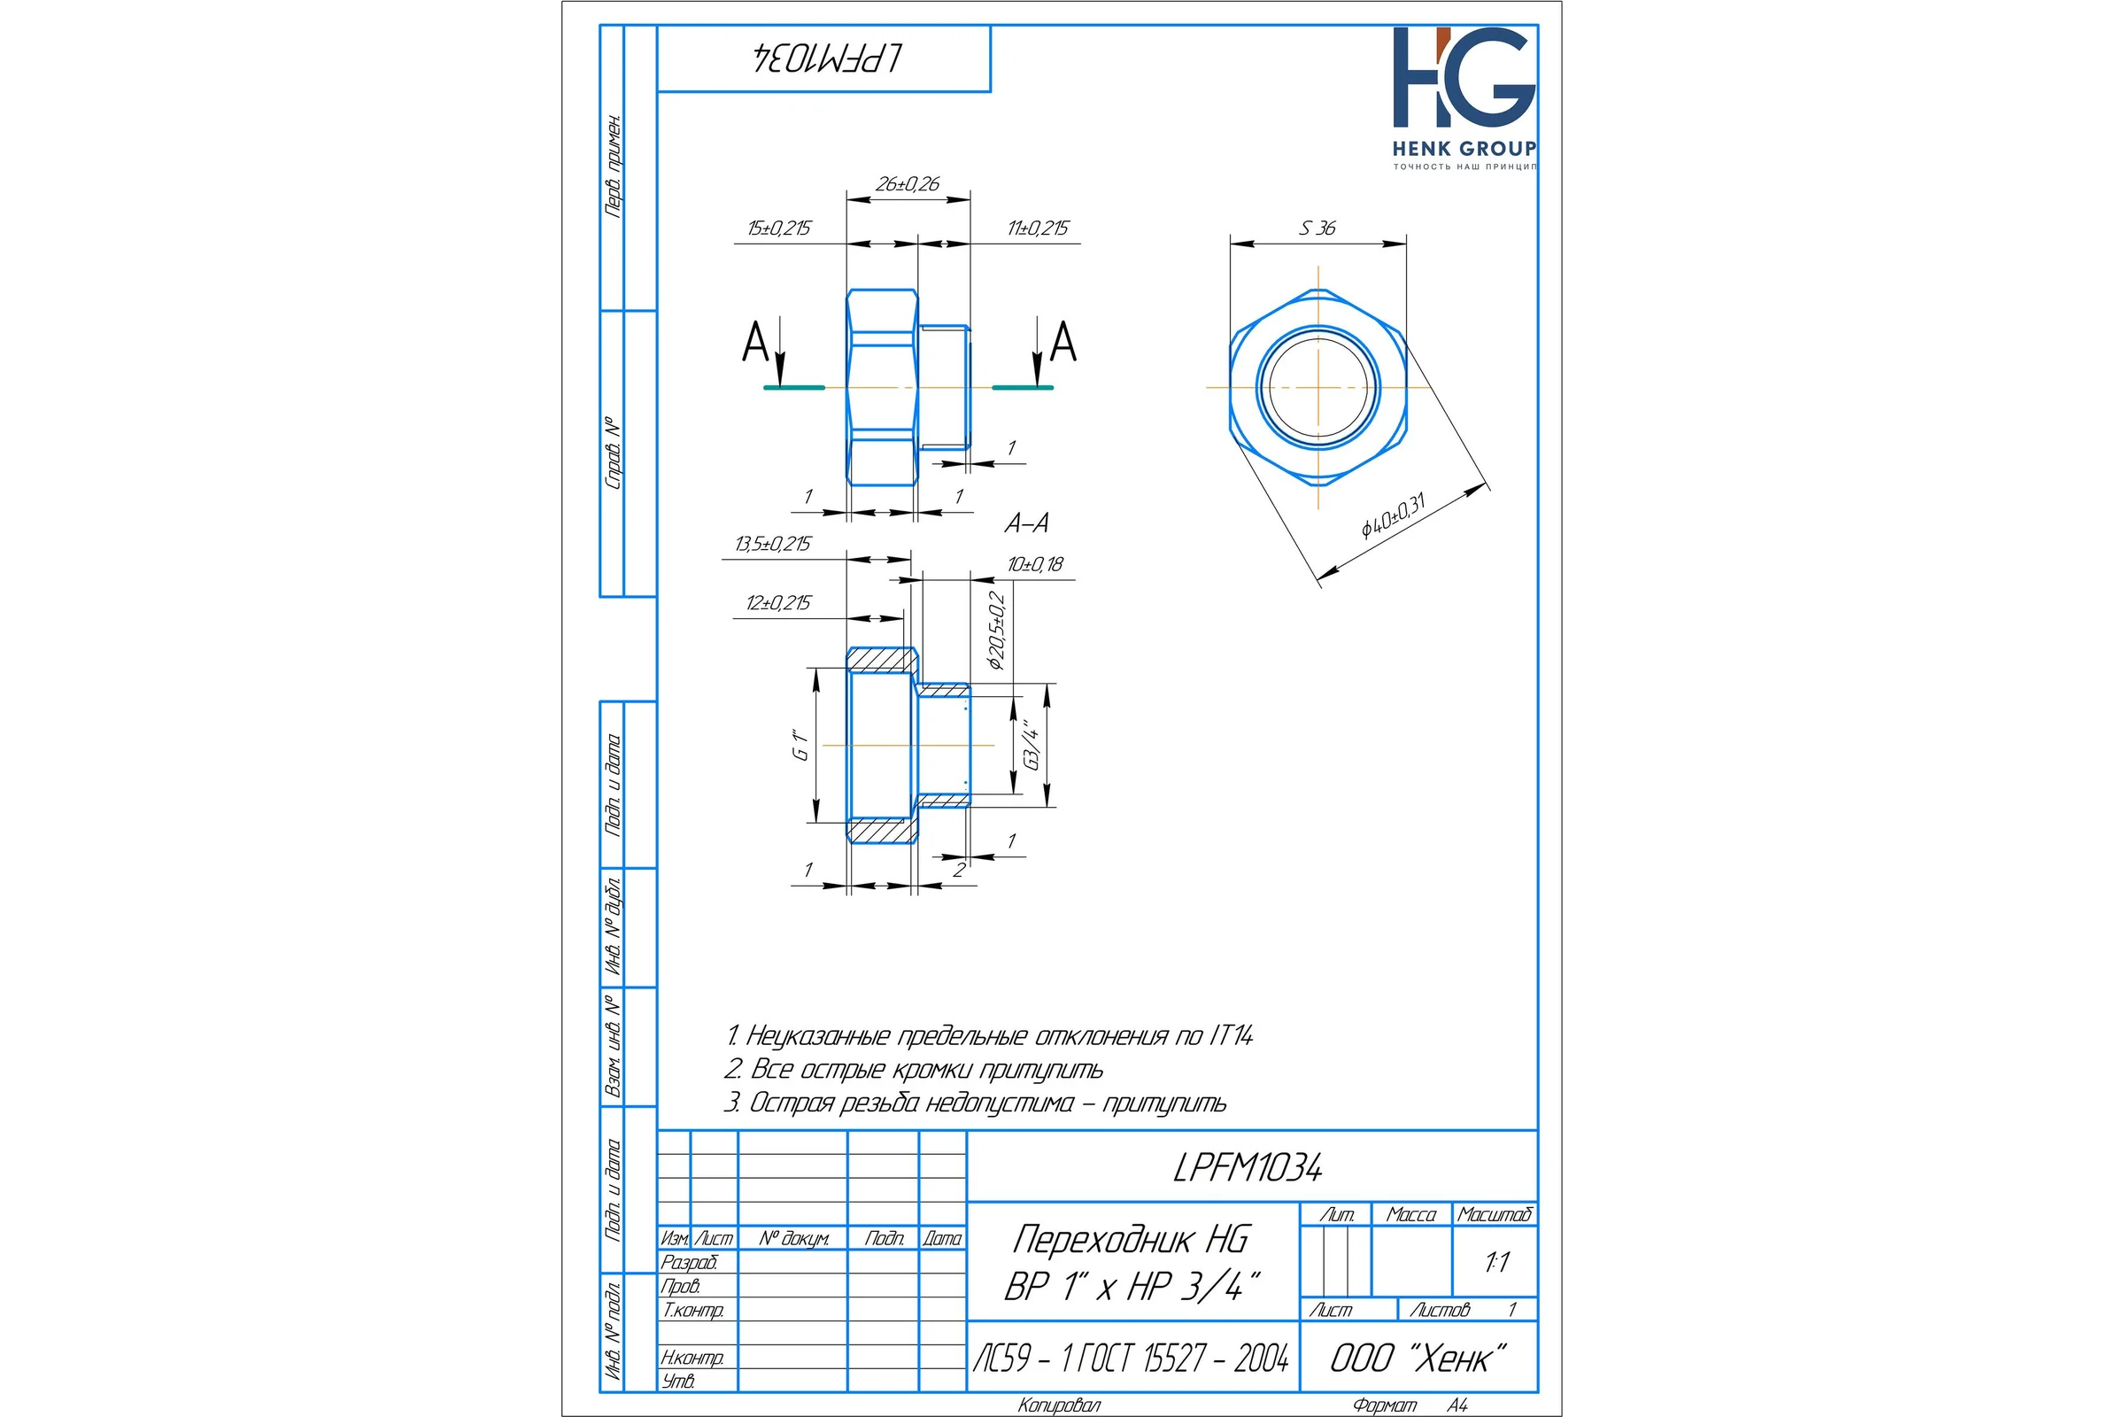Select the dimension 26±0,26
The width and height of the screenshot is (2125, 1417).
click(907, 184)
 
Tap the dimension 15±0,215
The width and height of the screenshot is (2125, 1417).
click(779, 228)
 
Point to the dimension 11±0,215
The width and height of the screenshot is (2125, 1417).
click(1038, 228)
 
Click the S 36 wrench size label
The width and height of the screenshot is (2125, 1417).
click(1317, 228)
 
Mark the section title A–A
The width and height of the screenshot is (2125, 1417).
click(1027, 523)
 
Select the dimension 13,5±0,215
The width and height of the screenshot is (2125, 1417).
click(772, 544)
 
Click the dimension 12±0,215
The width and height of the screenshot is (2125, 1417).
click(779, 603)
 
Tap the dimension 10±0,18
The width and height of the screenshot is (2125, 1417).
click(1035, 565)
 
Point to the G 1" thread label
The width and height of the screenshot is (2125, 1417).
click(800, 745)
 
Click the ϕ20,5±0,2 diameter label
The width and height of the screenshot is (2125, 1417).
click(997, 630)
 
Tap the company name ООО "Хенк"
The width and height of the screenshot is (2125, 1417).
click(1418, 1358)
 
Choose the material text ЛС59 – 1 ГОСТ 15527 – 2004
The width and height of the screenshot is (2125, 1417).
click(1132, 1358)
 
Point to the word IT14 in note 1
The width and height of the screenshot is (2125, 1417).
click(1230, 1035)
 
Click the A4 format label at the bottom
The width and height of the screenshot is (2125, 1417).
click(1457, 1405)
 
